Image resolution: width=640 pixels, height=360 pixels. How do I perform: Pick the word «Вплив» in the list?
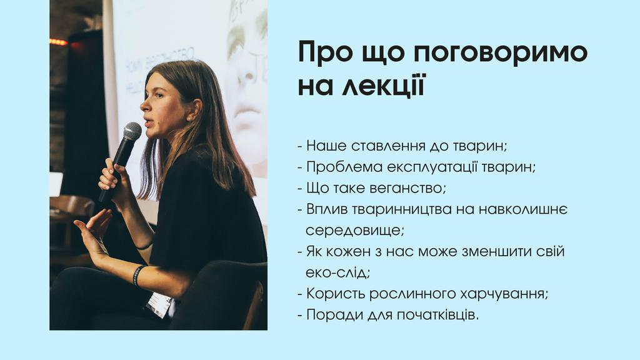tap(326, 209)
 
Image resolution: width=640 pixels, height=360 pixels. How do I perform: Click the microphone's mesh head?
tap(132, 131)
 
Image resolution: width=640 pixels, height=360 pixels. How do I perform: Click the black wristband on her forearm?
tap(138, 275)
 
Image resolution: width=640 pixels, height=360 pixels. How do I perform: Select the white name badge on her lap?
tap(159, 304)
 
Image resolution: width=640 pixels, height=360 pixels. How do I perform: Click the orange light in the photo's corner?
tap(58, 42)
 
